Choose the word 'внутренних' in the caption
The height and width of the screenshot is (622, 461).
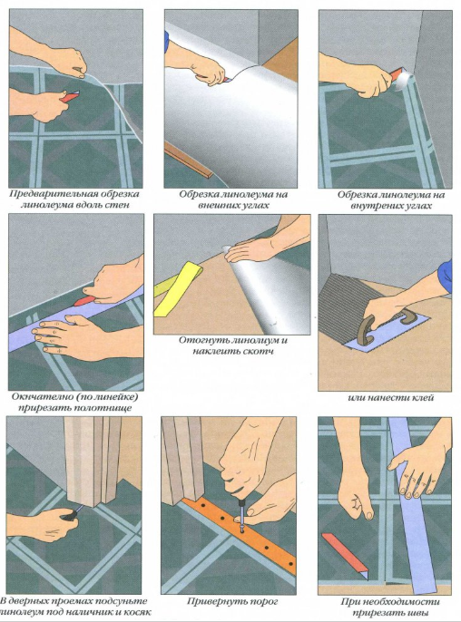(377, 206)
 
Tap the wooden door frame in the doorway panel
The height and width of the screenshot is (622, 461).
(93, 462)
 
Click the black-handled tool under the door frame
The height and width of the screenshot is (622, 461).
(71, 514)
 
